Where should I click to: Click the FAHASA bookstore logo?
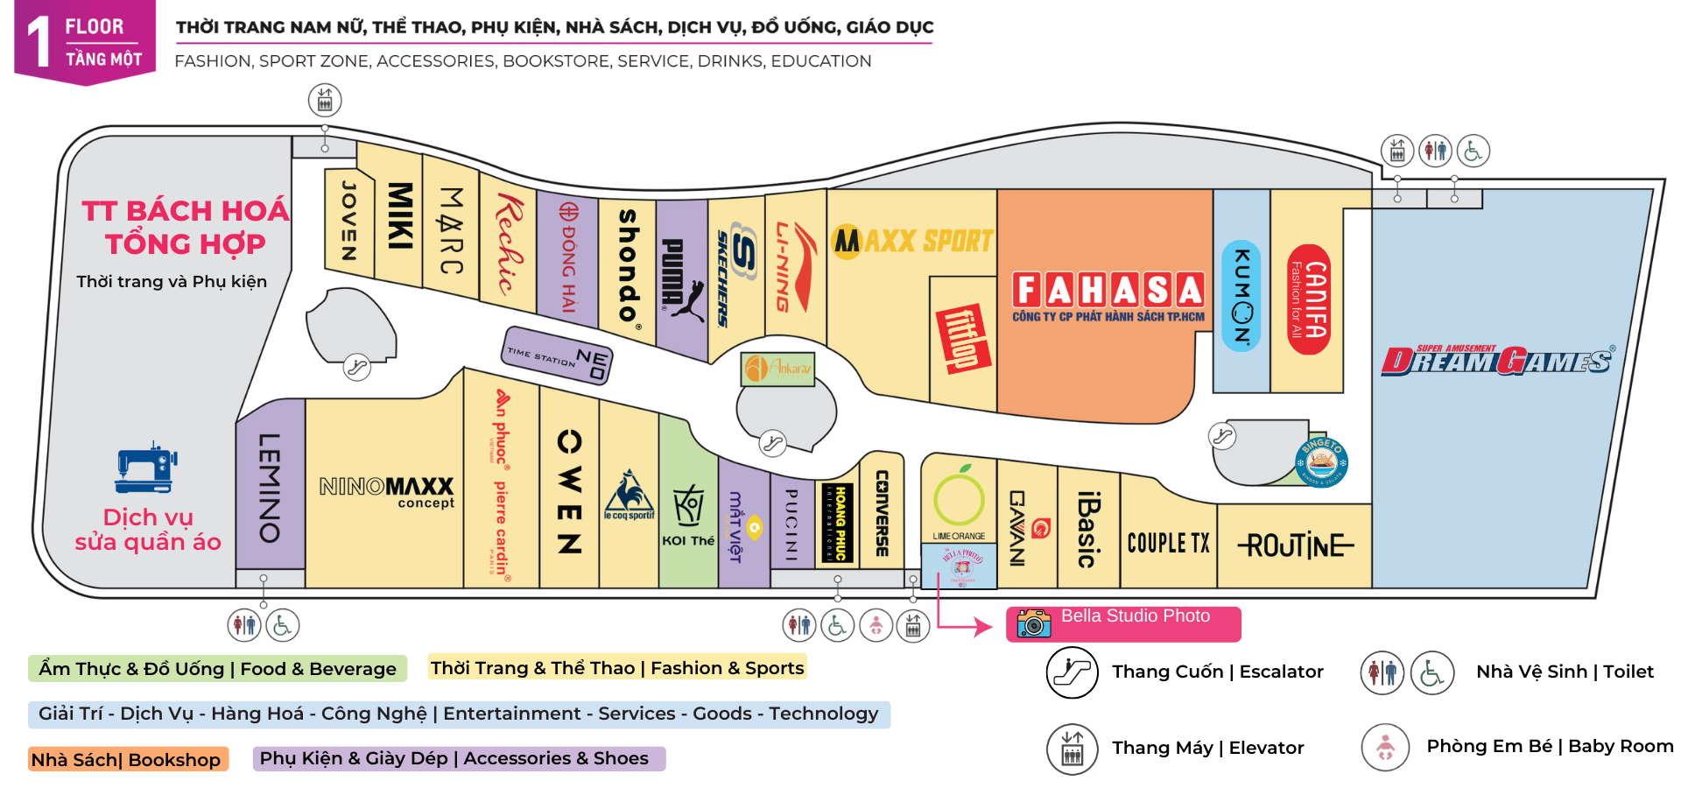click(1108, 291)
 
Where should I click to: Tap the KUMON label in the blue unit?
click(1241, 296)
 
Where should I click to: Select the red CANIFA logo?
click(1309, 299)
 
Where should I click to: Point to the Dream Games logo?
click(1497, 360)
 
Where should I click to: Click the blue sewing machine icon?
click(146, 468)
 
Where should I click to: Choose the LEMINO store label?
click(270, 488)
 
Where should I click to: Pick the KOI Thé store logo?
click(688, 516)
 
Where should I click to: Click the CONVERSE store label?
click(882, 513)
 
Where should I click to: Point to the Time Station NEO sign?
click(558, 355)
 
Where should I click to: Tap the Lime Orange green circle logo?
click(959, 499)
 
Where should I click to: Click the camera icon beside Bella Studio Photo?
click(1034, 623)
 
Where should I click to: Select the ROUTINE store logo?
click(1296, 545)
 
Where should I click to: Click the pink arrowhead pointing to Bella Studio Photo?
click(984, 626)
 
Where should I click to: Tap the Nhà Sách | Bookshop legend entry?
click(127, 759)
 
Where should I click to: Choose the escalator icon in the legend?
click(1072, 672)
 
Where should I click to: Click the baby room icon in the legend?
click(1385, 747)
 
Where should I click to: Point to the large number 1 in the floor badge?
click(39, 42)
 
